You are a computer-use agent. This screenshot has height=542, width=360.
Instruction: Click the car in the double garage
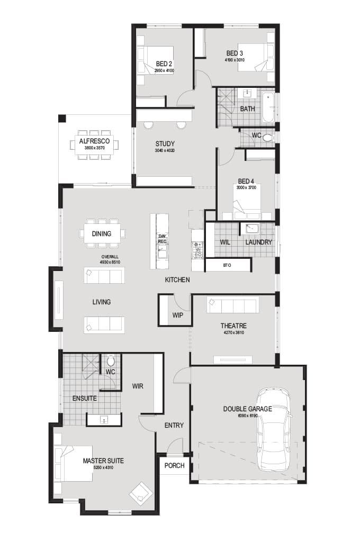point(274,429)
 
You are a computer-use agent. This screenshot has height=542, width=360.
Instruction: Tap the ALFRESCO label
point(94,141)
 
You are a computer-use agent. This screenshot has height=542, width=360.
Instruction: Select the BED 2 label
point(164,64)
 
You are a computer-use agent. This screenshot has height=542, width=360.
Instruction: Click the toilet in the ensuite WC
point(111,362)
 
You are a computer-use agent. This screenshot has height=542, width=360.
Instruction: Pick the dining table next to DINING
point(102,233)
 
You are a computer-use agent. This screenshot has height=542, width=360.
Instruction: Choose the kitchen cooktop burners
point(197,249)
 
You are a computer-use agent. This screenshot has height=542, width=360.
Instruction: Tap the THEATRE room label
point(233,326)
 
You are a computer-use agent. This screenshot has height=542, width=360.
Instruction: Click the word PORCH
point(175,466)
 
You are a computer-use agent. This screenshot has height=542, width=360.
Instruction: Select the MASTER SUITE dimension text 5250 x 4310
point(103,468)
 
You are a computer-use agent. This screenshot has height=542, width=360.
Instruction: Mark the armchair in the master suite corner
point(140,493)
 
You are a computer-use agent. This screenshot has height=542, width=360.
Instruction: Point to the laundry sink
point(251,229)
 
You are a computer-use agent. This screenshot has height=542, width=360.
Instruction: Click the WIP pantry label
point(177,315)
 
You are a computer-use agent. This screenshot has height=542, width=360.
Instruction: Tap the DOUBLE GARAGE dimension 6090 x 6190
point(247,416)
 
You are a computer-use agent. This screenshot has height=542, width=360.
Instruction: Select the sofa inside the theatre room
point(233,305)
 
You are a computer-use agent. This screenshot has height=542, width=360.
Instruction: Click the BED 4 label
point(246,180)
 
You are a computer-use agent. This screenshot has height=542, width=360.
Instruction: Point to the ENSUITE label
point(85,398)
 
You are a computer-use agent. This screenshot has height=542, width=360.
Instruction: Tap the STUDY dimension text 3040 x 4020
point(165,151)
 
